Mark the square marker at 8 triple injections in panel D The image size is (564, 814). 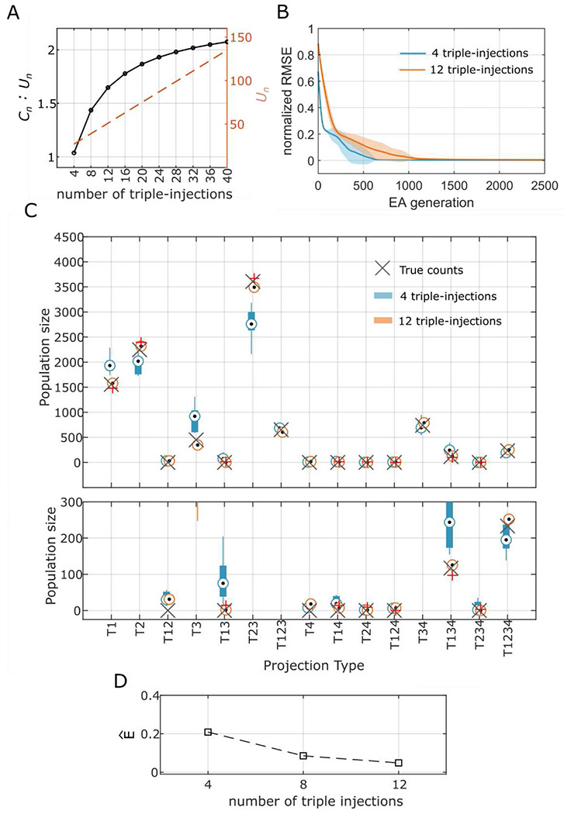(x=303, y=755)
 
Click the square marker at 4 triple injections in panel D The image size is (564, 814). (x=208, y=732)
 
